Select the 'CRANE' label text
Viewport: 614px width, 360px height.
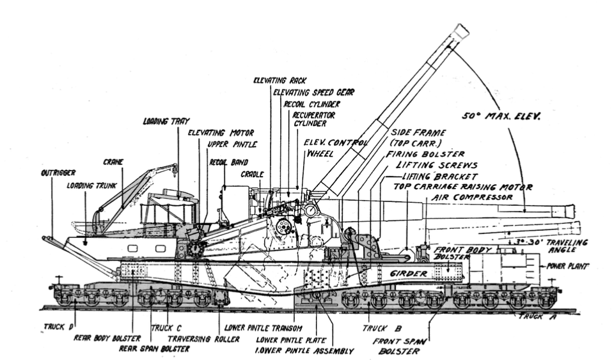(x=113, y=162)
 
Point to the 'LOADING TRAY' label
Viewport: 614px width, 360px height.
(x=161, y=121)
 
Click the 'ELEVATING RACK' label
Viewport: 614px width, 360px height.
(x=279, y=81)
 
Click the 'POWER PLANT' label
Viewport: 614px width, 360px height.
(x=566, y=264)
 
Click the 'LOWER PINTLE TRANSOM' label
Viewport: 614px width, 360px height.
(x=260, y=327)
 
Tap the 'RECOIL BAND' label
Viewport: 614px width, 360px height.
(x=228, y=162)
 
